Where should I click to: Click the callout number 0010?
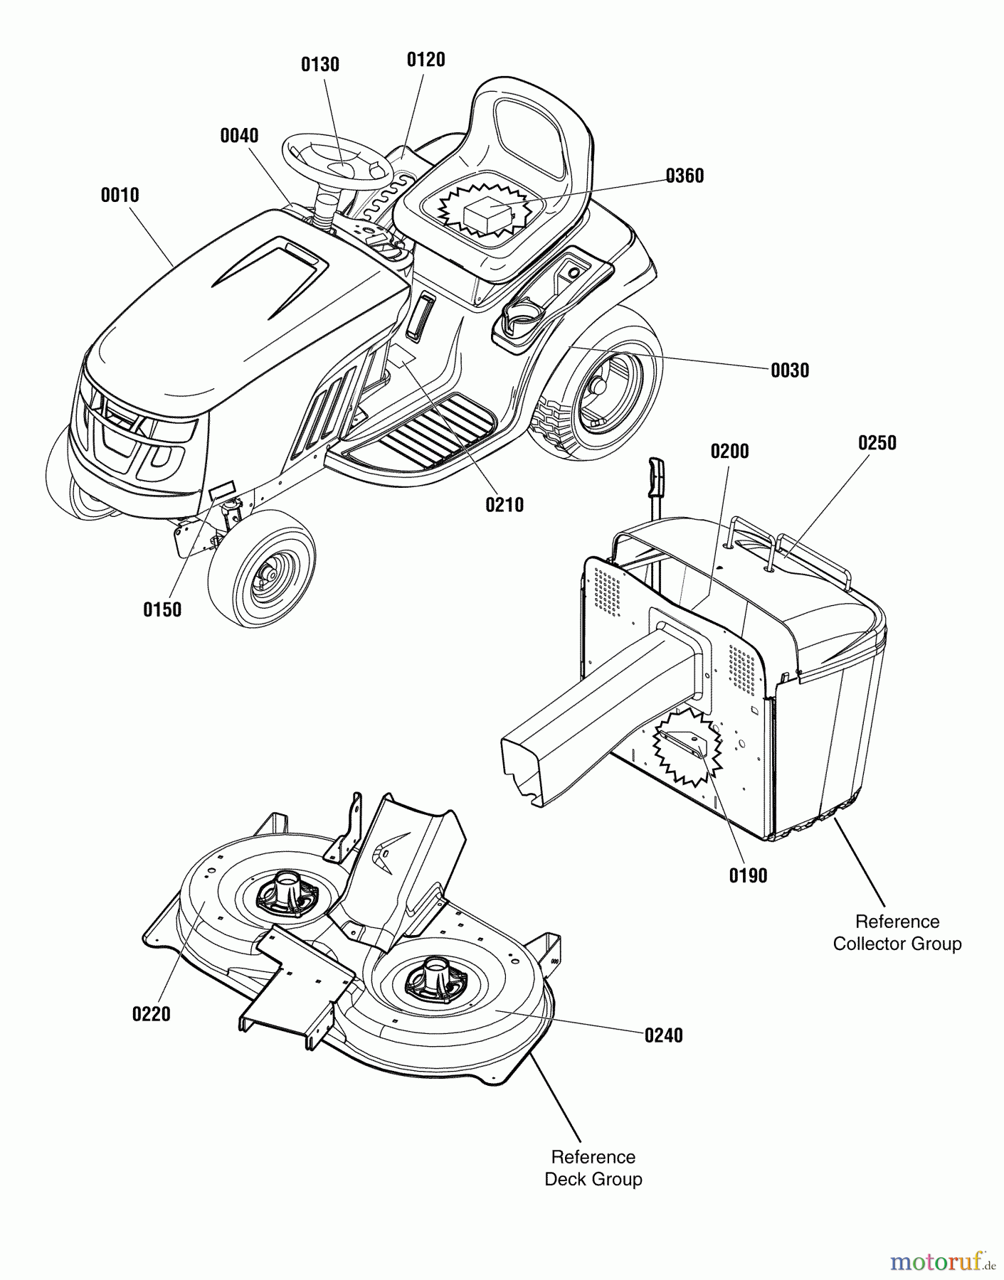pos(120,195)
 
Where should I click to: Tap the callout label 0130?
pos(320,65)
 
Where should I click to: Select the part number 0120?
pos(426,60)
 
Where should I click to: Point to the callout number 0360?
pos(685,176)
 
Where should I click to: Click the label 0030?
pos(790,370)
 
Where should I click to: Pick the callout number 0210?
pos(504,505)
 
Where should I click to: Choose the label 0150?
pos(162,609)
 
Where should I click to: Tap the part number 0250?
pos(877,442)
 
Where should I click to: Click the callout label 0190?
pos(748,875)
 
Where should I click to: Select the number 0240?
pos(663,1035)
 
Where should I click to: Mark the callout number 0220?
pos(152,1013)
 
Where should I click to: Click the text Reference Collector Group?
pos(897,932)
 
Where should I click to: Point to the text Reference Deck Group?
pos(593,1168)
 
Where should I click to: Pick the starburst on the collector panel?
pos(687,747)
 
